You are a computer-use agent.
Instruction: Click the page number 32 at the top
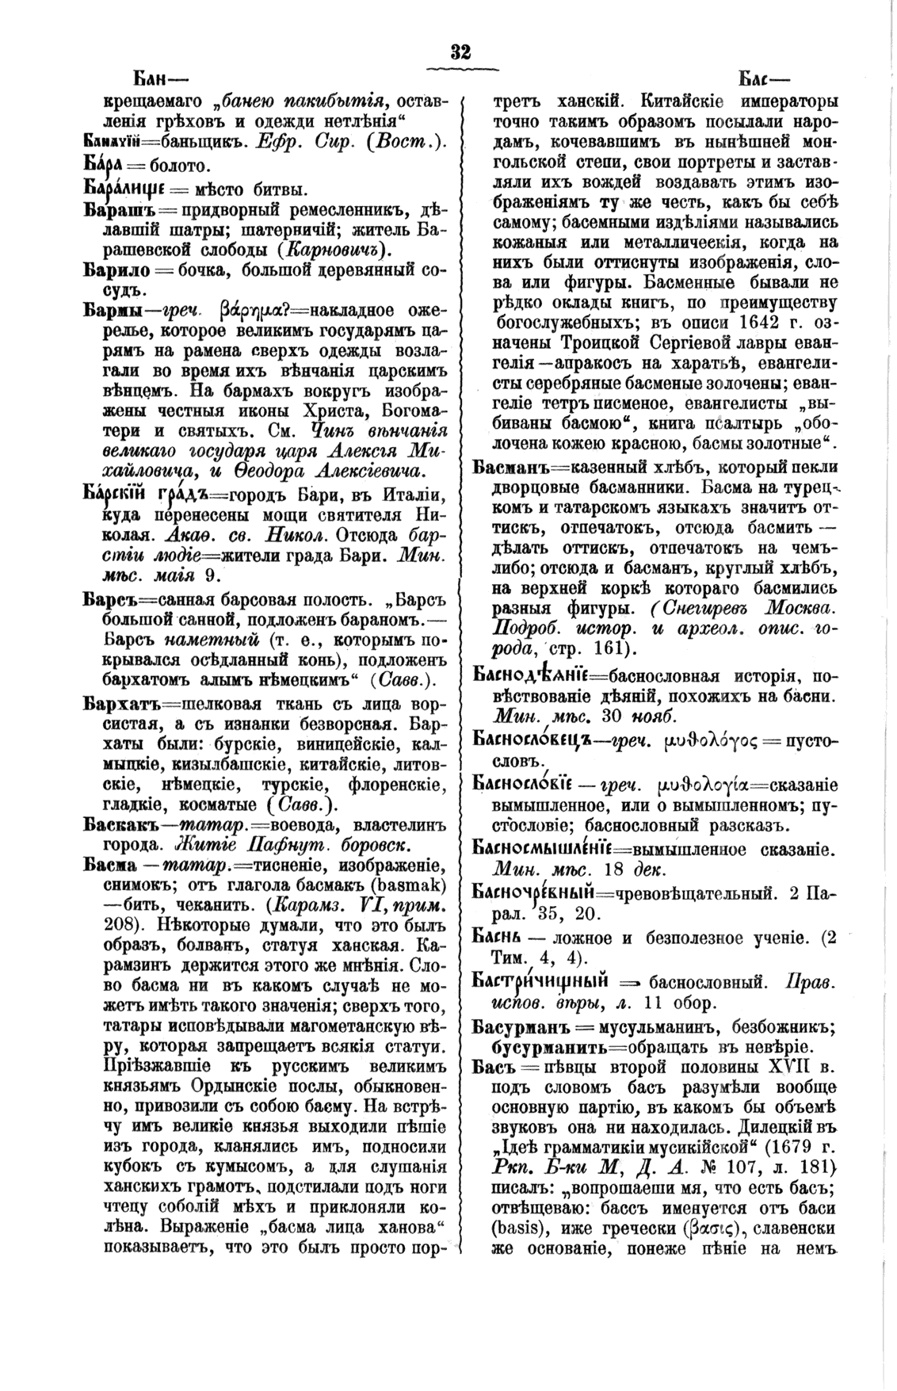coord(460,52)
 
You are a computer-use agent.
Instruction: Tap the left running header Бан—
coord(155,80)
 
